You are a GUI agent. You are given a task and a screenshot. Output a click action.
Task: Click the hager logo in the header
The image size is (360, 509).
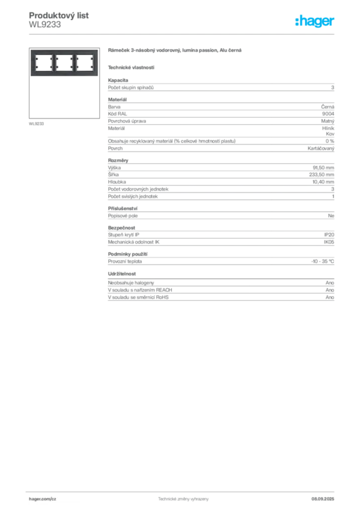click(315, 21)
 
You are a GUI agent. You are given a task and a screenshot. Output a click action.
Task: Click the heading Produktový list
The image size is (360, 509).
click(59, 15)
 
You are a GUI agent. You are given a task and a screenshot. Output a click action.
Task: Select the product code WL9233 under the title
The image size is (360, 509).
click(45, 25)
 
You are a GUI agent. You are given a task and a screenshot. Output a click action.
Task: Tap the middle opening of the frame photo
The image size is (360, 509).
click(64, 63)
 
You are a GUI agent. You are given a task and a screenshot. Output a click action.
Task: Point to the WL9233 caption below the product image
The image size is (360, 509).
click(36, 124)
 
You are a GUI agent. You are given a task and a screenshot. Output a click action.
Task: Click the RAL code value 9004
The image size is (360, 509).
click(328, 114)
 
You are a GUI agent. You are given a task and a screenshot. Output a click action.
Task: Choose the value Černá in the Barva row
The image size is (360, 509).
click(328, 107)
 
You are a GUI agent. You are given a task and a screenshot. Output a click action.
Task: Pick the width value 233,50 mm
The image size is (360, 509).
click(321, 174)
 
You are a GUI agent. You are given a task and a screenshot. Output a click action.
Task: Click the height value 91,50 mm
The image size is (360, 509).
click(323, 168)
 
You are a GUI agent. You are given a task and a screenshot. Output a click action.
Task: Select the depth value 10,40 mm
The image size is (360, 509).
click(323, 182)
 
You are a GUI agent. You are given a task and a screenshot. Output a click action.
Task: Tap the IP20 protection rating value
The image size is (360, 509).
click(329, 235)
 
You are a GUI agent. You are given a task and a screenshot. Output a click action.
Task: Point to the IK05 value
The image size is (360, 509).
click(329, 242)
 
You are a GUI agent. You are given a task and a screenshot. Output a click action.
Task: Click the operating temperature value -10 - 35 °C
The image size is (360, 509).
click(323, 261)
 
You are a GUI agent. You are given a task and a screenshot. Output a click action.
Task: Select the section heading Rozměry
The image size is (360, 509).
click(118, 161)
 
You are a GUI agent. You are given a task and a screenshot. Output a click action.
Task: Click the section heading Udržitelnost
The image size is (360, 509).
click(122, 274)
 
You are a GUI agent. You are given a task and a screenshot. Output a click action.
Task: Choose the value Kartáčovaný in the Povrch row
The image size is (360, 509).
click(321, 148)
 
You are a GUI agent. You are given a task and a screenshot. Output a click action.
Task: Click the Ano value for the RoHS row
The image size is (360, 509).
click(330, 297)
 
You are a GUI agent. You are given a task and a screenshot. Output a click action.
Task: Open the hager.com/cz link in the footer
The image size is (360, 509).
click(43, 499)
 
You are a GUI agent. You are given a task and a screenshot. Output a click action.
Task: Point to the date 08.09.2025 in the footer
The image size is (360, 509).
click(323, 499)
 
